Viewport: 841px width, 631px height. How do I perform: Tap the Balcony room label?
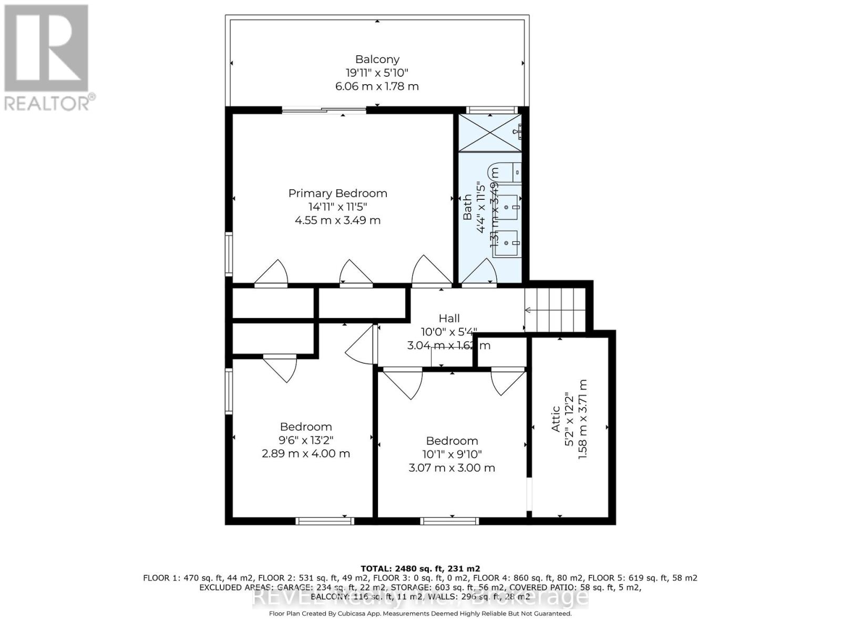pyautogui.click(x=377, y=59)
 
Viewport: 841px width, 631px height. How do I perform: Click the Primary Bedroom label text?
pyautogui.click(x=337, y=194)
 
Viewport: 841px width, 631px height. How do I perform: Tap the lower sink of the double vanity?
pyautogui.click(x=507, y=243)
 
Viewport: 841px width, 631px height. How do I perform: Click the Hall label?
pyautogui.click(x=449, y=318)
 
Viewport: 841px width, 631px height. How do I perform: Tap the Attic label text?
pyautogui.click(x=556, y=419)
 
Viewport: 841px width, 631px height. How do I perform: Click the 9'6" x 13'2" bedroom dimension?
pyautogui.click(x=305, y=440)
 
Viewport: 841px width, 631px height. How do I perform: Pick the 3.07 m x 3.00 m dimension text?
pyautogui.click(x=452, y=467)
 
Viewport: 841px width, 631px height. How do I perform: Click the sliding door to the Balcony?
pyautogui.click(x=324, y=110)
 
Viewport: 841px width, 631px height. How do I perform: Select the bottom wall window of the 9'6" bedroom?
pyautogui.click(x=324, y=521)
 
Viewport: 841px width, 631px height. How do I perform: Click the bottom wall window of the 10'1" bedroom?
pyautogui.click(x=449, y=521)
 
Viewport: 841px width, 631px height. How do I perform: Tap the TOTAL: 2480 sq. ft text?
pyautogui.click(x=420, y=568)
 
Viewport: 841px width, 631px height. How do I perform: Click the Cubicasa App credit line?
pyautogui.click(x=420, y=614)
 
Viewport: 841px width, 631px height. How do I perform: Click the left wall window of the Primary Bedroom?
pyautogui.click(x=229, y=253)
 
